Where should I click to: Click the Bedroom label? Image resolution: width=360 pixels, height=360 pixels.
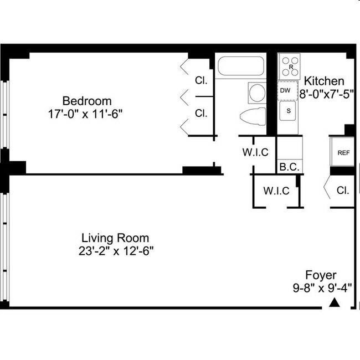tap(87, 101)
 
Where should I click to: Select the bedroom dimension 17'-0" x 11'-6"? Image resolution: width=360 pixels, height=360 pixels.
tap(85, 114)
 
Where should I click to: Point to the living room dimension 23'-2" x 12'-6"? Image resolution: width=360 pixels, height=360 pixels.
tap(116, 251)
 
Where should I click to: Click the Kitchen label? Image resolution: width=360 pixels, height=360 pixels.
tap(324, 81)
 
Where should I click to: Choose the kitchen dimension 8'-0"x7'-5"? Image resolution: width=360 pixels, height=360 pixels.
tap(326, 94)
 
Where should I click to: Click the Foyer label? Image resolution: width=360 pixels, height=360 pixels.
tap(321, 275)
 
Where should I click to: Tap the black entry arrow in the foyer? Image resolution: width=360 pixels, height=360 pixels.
tap(334, 302)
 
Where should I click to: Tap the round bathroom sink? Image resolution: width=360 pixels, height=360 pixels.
tap(257, 92)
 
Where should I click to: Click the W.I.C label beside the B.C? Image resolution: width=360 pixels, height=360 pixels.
tap(255, 152)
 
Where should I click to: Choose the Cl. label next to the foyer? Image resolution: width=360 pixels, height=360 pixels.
tap(343, 191)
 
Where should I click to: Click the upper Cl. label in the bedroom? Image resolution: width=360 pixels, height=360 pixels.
tap(201, 80)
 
